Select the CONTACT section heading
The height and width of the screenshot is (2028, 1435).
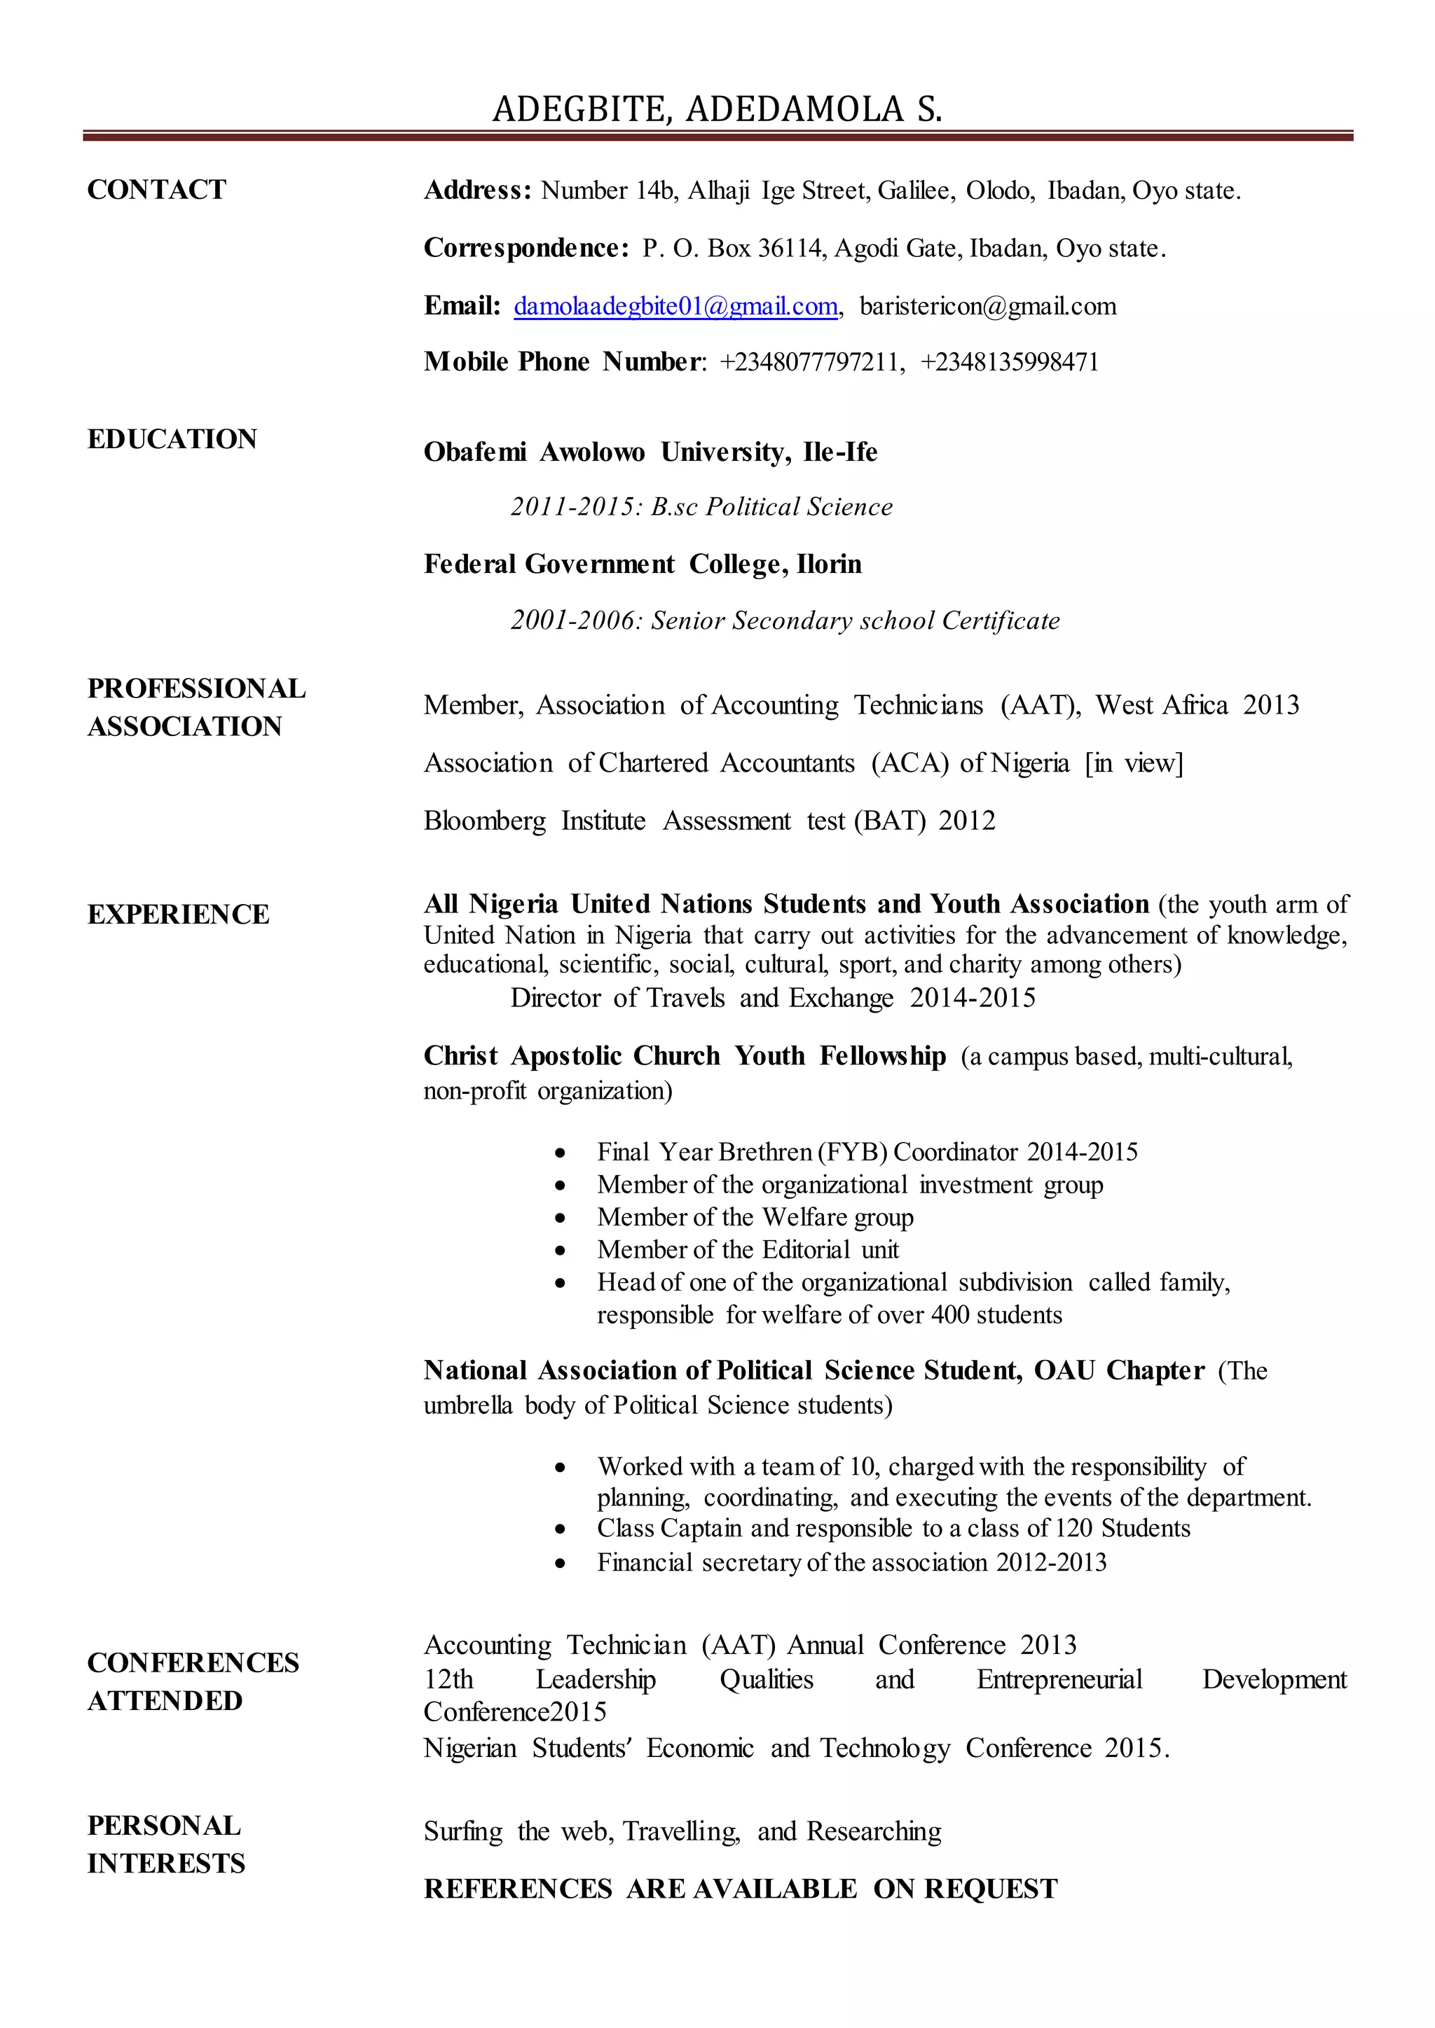[156, 190]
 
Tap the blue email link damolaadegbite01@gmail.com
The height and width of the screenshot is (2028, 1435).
[675, 307]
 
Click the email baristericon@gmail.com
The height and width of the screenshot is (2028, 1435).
[987, 307]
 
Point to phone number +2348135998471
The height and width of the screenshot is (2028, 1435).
[1009, 362]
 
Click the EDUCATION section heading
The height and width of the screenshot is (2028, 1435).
[172, 439]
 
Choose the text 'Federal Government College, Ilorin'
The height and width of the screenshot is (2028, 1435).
[643, 564]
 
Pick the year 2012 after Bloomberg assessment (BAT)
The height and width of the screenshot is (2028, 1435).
[967, 821]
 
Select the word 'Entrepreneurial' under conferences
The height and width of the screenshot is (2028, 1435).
[1059, 1679]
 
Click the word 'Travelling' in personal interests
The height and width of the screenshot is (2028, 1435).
[680, 1831]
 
